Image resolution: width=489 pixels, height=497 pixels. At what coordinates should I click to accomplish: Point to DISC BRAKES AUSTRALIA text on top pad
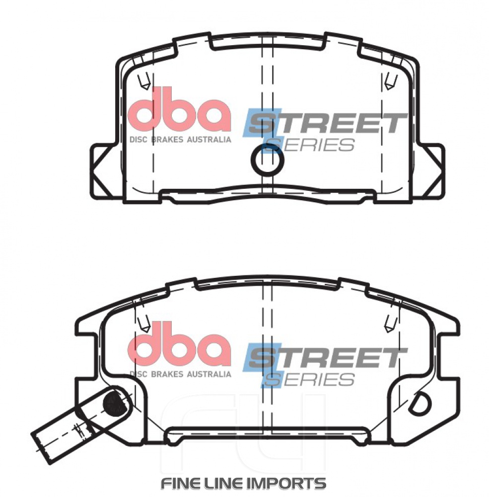coord(180,140)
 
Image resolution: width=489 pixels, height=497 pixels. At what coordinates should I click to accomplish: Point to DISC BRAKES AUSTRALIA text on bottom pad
coord(180,374)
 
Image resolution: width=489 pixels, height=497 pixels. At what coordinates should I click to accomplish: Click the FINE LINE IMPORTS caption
coord(243,483)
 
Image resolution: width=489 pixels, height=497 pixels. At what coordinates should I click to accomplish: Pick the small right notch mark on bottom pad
coord(390,324)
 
